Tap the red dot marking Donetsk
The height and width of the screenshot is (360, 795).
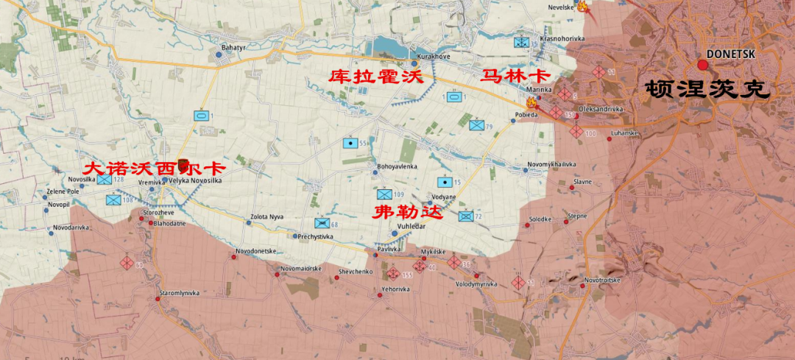(703, 65)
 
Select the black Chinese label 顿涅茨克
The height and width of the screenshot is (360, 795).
(707, 90)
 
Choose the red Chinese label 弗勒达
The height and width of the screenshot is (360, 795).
(406, 213)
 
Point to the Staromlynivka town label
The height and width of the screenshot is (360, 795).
(180, 293)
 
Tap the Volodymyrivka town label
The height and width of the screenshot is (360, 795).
(476, 283)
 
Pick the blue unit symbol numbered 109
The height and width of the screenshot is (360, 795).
(384, 194)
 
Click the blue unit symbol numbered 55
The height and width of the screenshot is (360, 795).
(350, 143)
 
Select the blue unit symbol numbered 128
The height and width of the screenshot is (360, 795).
(104, 179)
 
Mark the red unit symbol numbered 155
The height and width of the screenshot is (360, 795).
(393, 275)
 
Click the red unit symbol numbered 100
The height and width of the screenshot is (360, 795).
(576, 132)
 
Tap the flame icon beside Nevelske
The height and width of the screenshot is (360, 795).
(582, 7)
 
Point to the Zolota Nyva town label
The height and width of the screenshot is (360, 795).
(266, 217)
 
